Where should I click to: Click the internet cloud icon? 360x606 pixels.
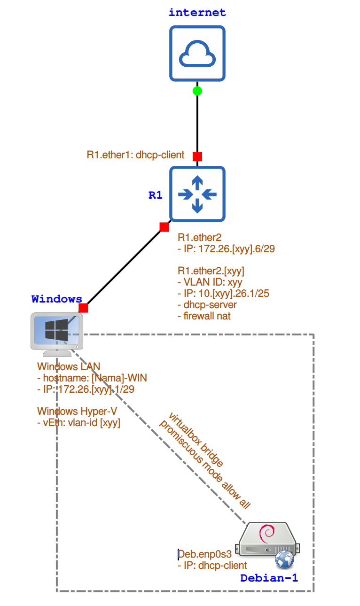(x=197, y=53)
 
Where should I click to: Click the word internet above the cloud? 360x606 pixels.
(x=197, y=13)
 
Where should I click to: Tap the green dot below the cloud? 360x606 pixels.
(x=197, y=91)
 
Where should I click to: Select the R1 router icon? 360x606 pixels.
(x=197, y=194)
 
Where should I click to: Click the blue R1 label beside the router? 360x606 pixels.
(x=156, y=195)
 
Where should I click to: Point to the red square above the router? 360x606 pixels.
(x=197, y=156)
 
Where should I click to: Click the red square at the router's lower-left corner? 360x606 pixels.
(x=164, y=227)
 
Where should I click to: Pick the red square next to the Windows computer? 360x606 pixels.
(x=83, y=308)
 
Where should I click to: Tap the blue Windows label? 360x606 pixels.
(x=57, y=299)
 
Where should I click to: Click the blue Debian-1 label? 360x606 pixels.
(x=269, y=578)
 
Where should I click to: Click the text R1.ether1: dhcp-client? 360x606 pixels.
(x=135, y=155)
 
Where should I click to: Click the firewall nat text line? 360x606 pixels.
(x=204, y=316)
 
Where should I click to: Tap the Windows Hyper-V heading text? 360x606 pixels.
(x=77, y=412)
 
